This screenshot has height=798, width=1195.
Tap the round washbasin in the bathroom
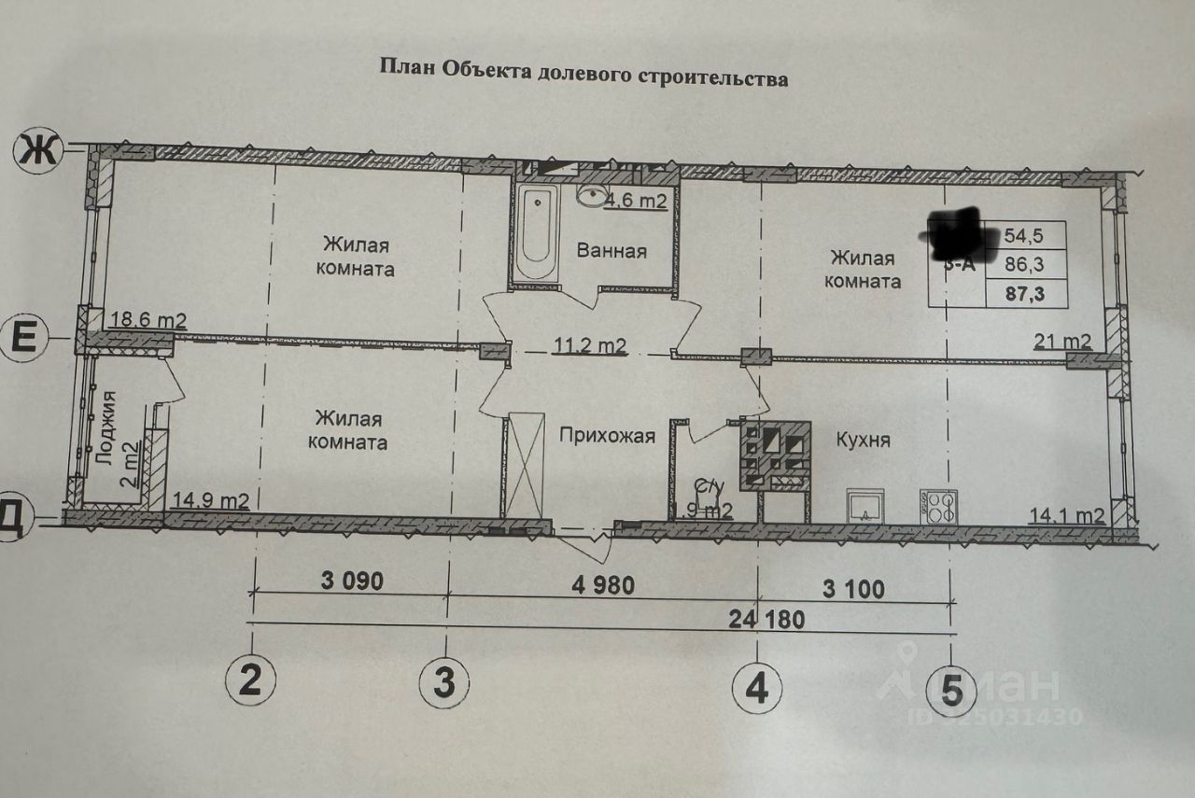pos(592,196)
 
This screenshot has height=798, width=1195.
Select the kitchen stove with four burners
pos(937,508)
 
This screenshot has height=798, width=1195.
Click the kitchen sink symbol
pos(869,508)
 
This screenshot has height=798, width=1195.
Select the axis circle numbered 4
pos(756,689)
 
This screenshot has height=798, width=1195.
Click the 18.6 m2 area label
pos(148,320)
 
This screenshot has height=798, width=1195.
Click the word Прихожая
pos(607,435)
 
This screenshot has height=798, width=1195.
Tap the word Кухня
pos(863,440)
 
